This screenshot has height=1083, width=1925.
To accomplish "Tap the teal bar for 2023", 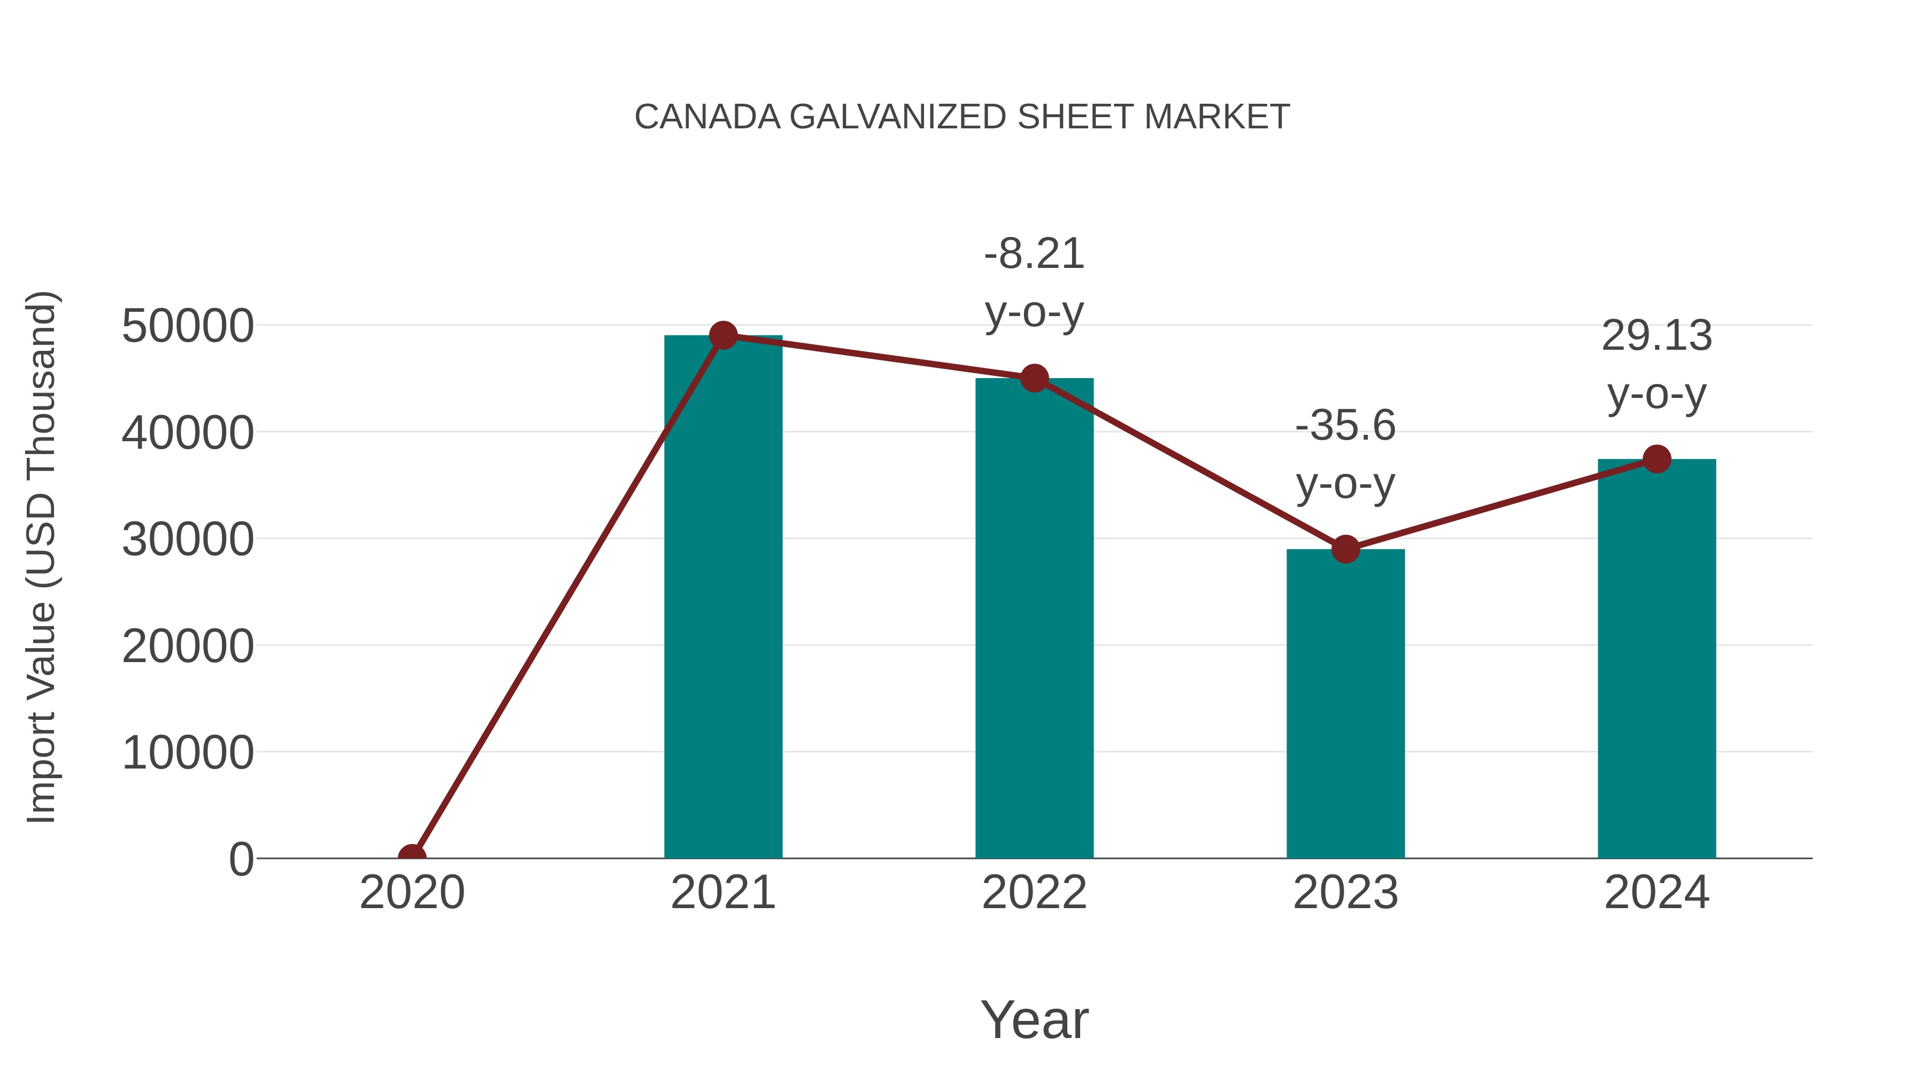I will click(x=1345, y=703).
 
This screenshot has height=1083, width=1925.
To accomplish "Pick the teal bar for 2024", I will click(x=1657, y=658).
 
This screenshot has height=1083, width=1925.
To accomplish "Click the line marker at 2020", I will click(x=412, y=857).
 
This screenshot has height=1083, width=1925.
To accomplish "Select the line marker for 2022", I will click(x=1034, y=378).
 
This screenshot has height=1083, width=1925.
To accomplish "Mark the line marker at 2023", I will click(x=1345, y=549).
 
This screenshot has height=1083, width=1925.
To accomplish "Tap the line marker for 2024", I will click(x=1657, y=459).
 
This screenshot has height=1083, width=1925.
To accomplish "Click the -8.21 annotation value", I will click(x=1034, y=254).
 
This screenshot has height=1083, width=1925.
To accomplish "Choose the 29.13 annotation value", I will click(x=1657, y=335).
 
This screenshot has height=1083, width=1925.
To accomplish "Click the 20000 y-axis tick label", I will click(x=188, y=646).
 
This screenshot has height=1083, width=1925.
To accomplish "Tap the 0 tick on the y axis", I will click(x=241, y=859).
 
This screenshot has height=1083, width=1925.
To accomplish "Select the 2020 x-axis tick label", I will click(x=412, y=893).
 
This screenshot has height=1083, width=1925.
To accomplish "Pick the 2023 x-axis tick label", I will click(x=1345, y=893).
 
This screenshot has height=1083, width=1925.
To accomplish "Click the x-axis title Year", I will click(x=1034, y=1019).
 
